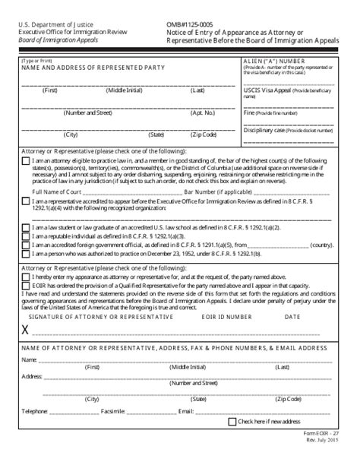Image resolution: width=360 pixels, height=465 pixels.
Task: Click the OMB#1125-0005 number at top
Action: coord(190,24)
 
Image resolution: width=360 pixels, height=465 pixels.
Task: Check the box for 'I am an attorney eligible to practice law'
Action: coord(27,161)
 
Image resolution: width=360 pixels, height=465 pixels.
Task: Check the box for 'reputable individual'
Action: coord(27,236)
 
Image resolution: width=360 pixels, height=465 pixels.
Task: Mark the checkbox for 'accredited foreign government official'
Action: coord(27,245)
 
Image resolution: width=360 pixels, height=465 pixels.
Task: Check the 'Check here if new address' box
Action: coord(232,422)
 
